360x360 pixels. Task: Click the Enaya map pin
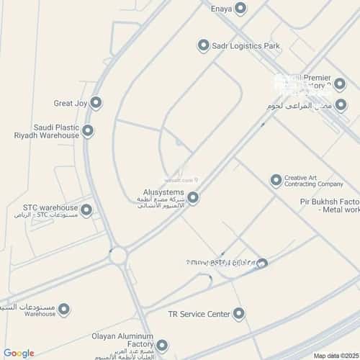click(x=240, y=8)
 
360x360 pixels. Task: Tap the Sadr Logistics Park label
click(x=246, y=46)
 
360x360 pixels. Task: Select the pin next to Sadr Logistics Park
click(x=203, y=46)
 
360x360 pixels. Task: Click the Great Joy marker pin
click(x=96, y=103)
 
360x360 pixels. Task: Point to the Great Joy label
click(x=71, y=104)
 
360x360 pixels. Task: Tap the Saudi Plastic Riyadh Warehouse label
click(x=46, y=131)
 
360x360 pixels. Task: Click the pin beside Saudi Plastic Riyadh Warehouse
click(x=88, y=131)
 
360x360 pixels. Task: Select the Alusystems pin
click(x=193, y=197)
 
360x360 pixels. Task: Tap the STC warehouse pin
click(x=86, y=210)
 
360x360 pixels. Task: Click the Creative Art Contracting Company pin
click(x=275, y=180)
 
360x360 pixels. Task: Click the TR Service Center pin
click(x=240, y=314)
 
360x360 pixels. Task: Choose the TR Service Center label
click(x=199, y=314)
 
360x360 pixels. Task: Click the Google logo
click(x=19, y=353)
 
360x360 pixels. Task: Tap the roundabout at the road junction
click(x=119, y=255)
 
